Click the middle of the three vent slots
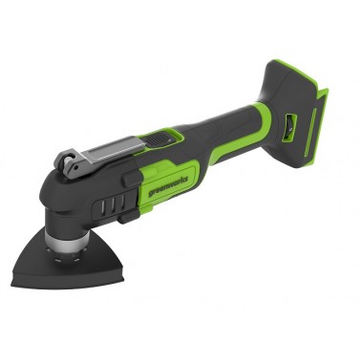112,205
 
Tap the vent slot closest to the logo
122,203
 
